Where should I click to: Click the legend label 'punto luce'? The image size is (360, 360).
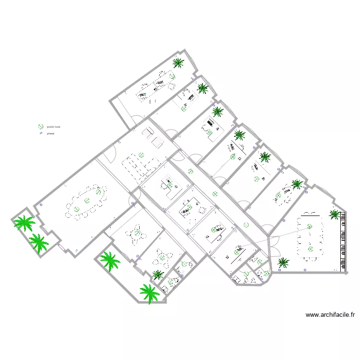coord(53,126)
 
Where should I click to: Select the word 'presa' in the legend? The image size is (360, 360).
coord(50,133)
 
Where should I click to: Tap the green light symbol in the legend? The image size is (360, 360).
coord(41,127)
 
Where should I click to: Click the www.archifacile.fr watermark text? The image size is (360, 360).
coord(330,315)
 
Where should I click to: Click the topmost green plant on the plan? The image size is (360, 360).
coord(178,62)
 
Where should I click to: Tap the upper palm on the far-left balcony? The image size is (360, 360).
coord(24,223)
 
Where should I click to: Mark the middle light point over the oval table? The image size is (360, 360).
coord(87,200)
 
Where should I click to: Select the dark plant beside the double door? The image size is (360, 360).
coord(284,262)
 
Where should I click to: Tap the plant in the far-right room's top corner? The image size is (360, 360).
coord(334,214)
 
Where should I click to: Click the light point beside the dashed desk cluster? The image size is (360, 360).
coord(141,155)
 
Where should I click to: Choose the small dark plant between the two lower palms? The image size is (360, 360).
coord(158,274)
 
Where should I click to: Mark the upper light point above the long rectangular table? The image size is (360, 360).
coord(310,226)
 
